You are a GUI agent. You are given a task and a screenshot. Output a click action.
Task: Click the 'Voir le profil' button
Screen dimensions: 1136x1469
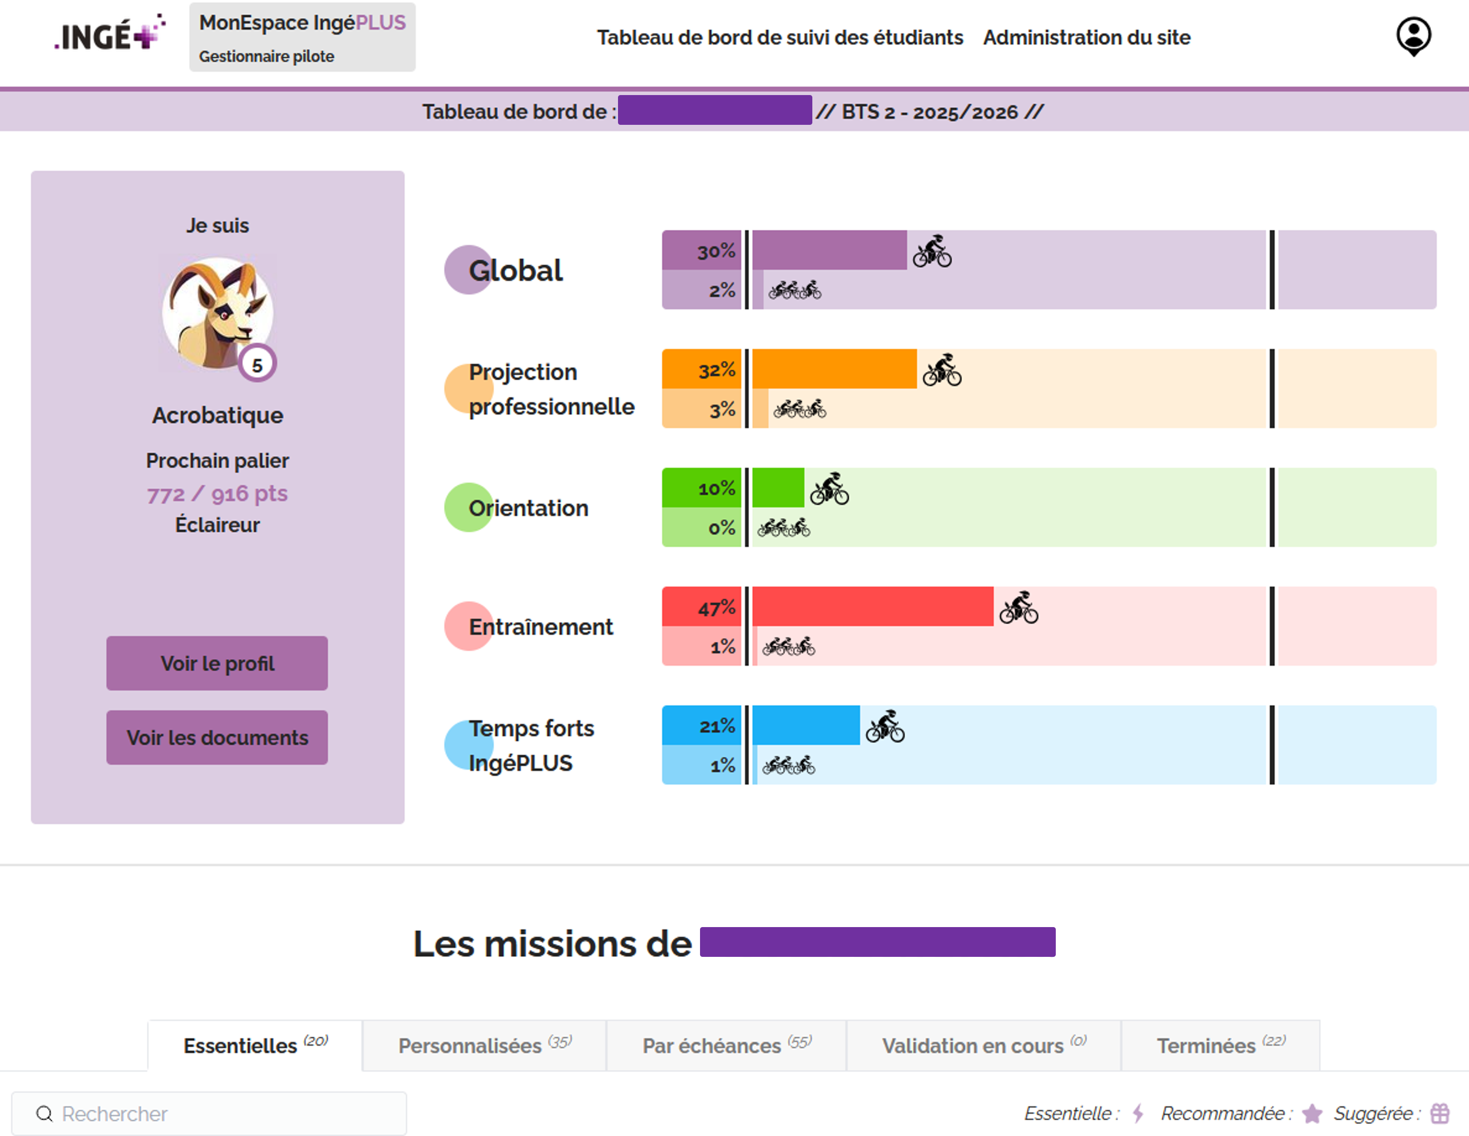tap(217, 663)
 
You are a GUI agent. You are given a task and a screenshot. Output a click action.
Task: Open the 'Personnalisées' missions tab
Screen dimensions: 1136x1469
tap(484, 1045)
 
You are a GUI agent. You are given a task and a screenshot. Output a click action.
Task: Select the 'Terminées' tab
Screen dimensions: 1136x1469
tap(1220, 1045)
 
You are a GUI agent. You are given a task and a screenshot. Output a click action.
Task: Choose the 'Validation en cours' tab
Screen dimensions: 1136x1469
tap(983, 1045)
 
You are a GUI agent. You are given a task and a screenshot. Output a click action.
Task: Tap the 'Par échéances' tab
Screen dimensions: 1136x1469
tap(727, 1045)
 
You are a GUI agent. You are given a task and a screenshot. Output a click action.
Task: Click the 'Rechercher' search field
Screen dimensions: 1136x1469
tap(209, 1114)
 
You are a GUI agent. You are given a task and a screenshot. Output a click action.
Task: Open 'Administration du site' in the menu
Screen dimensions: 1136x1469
tap(1086, 38)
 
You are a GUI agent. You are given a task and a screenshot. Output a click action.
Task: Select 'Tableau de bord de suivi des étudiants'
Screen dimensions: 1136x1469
tap(779, 38)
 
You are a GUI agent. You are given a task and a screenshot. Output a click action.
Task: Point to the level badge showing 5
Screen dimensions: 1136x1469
tap(257, 365)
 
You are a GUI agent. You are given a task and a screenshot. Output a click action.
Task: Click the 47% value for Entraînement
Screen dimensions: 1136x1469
tap(716, 608)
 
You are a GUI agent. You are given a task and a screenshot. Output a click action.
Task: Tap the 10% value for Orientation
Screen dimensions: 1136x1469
tap(716, 488)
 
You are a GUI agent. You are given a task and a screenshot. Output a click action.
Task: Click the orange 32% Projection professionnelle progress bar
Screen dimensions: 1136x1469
tap(834, 369)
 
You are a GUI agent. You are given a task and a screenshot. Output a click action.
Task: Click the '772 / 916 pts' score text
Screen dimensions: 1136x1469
tap(217, 494)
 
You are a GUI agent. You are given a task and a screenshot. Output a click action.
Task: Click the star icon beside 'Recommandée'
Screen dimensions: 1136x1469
tap(1312, 1114)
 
